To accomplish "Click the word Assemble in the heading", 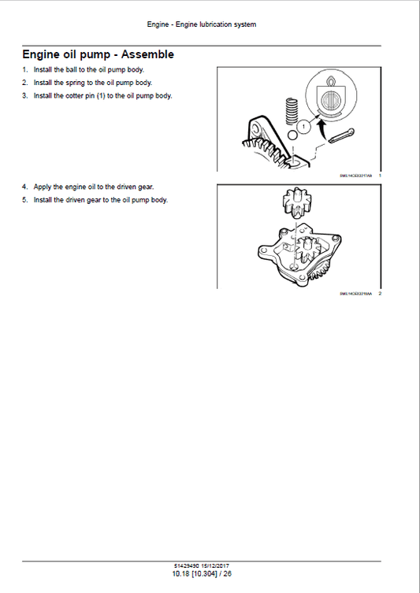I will click(143, 55).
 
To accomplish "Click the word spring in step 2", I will click(76, 83).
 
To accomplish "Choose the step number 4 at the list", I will click(24, 187).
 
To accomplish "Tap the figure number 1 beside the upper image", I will click(380, 176).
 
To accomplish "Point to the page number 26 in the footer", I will click(227, 574).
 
